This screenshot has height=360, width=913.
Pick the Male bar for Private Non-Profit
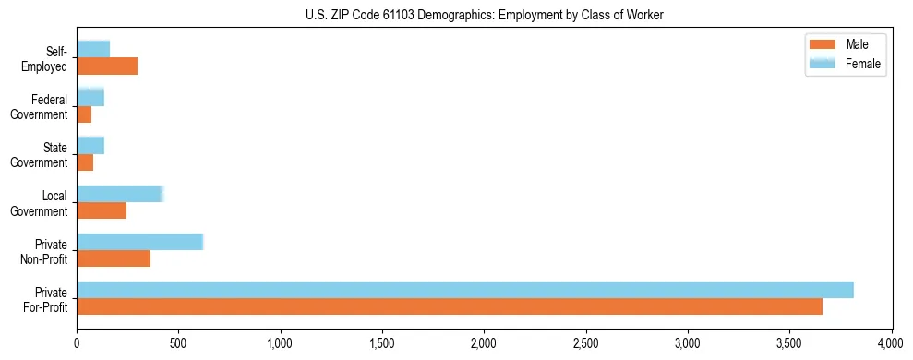pyautogui.click(x=114, y=258)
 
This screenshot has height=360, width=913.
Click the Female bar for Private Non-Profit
pyautogui.click(x=139, y=242)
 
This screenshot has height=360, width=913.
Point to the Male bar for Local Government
pyautogui.click(x=102, y=210)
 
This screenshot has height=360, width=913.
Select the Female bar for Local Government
pyautogui.click(x=120, y=194)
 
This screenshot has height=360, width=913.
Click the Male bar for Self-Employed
pyautogui.click(x=107, y=66)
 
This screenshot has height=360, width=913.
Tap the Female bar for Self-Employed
pyautogui.click(x=93, y=50)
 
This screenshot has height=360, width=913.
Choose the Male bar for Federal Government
pyautogui.click(x=84, y=114)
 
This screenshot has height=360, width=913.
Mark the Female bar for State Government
pyautogui.click(x=90, y=146)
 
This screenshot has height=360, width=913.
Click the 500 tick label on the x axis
pyautogui.click(x=178, y=343)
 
